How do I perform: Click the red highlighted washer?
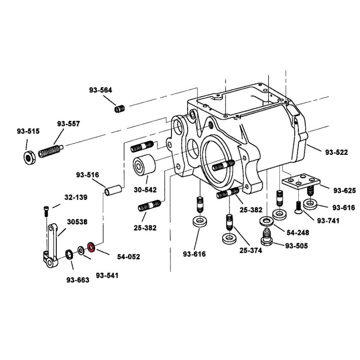click(90, 247)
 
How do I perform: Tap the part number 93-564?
click(100, 90)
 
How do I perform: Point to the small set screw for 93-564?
click(119, 108)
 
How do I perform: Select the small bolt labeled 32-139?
click(47, 210)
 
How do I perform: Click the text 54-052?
click(128, 257)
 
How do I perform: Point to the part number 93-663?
click(78, 279)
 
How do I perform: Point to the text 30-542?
click(145, 189)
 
